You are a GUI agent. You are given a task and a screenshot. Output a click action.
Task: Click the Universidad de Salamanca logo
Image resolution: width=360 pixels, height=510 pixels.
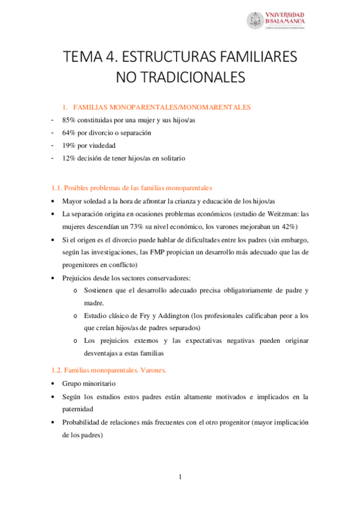(x=276, y=20)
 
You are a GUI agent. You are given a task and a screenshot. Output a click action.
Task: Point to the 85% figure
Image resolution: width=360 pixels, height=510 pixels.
(x=70, y=120)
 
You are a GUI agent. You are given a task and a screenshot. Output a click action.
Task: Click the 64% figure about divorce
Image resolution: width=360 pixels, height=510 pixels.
(x=70, y=132)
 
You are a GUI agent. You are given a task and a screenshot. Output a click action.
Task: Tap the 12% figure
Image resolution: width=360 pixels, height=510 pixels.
(x=70, y=158)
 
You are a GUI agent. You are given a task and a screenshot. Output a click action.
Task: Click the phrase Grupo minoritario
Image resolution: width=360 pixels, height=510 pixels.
(x=88, y=383)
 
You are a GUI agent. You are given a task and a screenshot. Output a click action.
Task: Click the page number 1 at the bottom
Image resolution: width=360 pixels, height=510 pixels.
(x=180, y=478)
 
